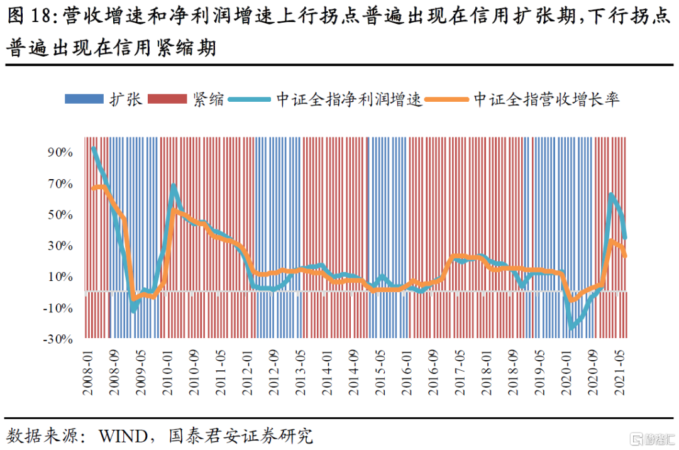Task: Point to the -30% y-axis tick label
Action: point(59,339)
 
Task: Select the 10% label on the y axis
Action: point(61,277)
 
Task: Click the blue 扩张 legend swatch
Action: point(84,99)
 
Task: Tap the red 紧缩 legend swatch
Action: point(168,99)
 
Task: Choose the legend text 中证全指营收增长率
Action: point(546,99)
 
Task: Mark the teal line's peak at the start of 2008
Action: point(94,148)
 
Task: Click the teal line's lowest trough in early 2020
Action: point(571,327)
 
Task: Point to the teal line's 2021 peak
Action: point(610,195)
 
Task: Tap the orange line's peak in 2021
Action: point(612,241)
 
